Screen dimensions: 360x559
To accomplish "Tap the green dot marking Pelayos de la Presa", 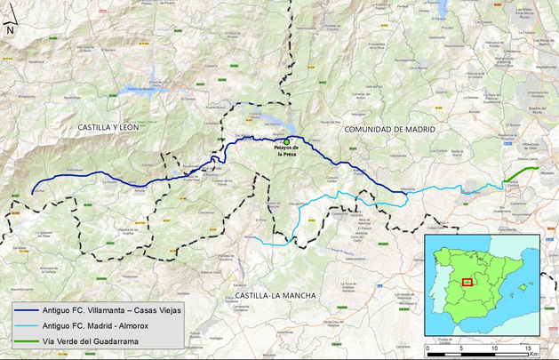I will coord(286,141).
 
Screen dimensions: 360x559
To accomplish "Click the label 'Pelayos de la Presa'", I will coord(286,150).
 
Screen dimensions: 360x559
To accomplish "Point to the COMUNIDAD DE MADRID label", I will coord(390,130).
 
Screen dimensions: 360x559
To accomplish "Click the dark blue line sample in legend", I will coord(26,310).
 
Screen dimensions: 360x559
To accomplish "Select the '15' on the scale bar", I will coord(527,347).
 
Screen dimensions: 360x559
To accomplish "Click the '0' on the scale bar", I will coord(429,347).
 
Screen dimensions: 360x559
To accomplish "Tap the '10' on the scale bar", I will coord(494,347).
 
